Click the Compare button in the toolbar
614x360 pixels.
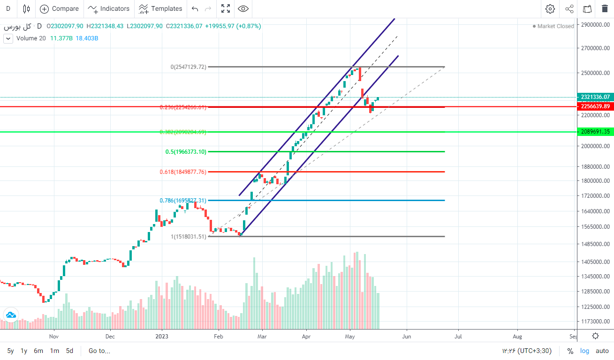[59, 8]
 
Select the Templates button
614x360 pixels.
[161, 8]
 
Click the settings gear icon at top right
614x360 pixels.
[550, 8]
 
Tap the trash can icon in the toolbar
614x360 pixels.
[605, 8]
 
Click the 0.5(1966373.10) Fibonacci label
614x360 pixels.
[186, 152]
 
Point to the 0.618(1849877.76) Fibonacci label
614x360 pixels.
[183, 172]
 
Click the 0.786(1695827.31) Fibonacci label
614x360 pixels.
[183, 201]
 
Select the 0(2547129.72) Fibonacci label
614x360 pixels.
[188, 67]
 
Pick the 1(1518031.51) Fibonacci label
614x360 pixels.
[188, 237]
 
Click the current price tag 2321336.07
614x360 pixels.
[595, 97]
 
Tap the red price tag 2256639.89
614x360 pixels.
[595, 106]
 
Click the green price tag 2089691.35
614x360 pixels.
[595, 132]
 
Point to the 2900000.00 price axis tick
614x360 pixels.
[595, 25]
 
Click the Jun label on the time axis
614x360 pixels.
[407, 336]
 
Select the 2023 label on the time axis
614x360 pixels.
[162, 336]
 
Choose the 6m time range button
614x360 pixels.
[38, 351]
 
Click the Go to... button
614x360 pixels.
[99, 351]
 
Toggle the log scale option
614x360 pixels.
[584, 351]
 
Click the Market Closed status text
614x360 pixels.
[555, 26]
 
